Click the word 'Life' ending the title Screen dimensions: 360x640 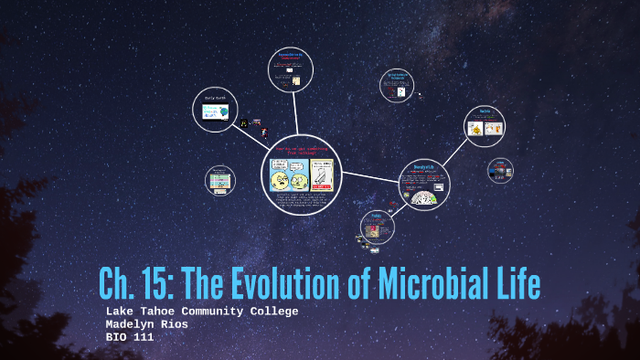[x=516, y=284]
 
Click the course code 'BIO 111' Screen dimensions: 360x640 [x=130, y=337]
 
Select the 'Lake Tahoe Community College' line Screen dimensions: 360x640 [x=202, y=312]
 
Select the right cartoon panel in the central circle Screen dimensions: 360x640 [x=322, y=174]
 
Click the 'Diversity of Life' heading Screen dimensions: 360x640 [x=423, y=167]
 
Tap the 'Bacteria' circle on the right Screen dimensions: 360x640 [x=484, y=126]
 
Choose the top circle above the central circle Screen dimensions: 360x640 [x=293, y=70]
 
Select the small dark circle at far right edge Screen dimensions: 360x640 [x=500, y=169]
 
